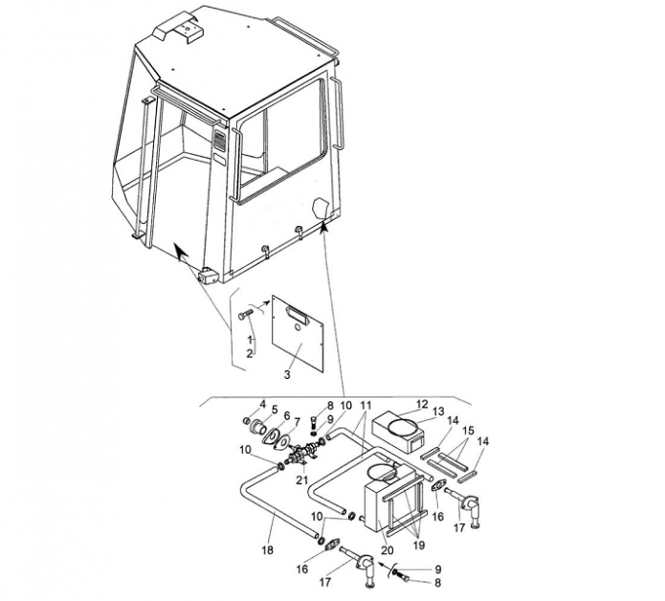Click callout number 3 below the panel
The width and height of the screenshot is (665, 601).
click(287, 374)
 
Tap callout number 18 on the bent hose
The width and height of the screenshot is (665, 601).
click(267, 549)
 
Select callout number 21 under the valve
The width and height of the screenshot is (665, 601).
click(301, 479)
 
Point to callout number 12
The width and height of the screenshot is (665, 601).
click(422, 404)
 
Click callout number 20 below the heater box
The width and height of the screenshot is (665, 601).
click(388, 549)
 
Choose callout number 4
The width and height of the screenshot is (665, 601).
click(262, 404)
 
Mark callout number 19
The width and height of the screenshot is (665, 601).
click(418, 545)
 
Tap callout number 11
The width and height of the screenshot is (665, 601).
click(366, 405)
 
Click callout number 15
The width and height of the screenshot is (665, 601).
click(468, 430)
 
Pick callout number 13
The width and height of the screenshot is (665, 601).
click(438, 411)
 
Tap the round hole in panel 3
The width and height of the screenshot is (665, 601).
click(298, 328)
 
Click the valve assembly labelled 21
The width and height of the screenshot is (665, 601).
click(302, 455)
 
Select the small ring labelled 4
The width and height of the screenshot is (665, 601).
click(245, 420)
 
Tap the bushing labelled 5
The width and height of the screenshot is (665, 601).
click(258, 426)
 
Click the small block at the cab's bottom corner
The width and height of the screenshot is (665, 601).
click(208, 276)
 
